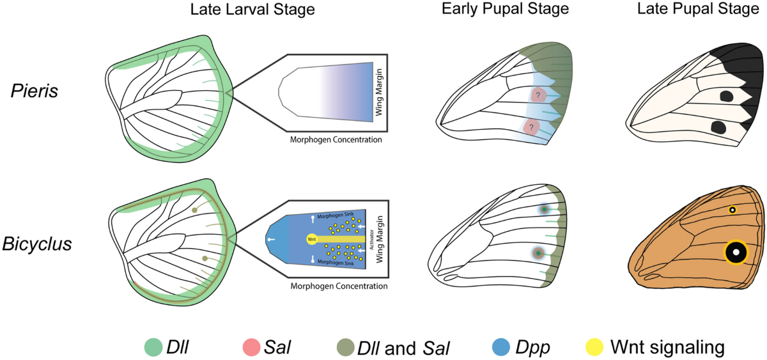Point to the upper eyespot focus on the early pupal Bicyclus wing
point(545,209)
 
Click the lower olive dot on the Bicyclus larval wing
point(205,258)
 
